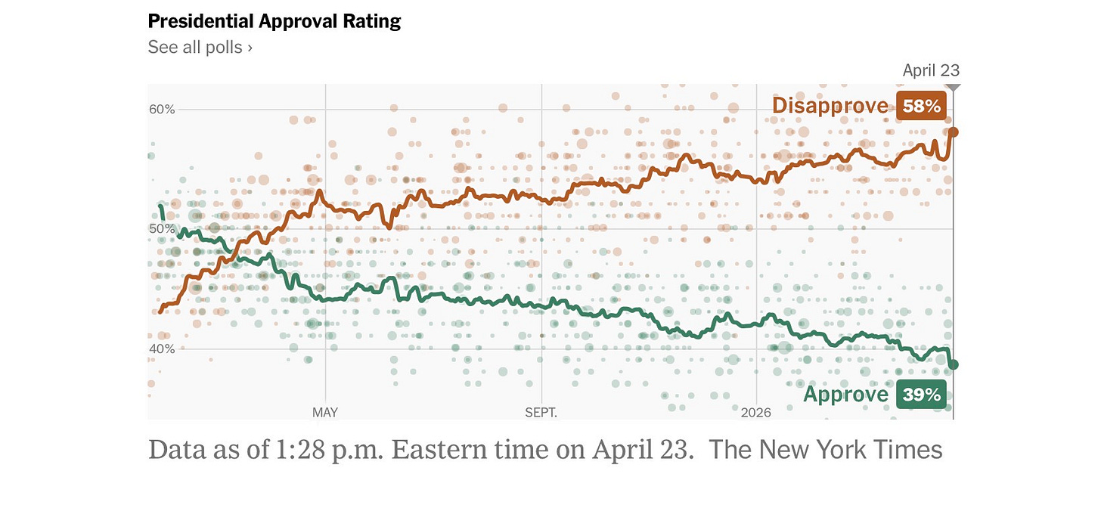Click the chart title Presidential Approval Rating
tap(274, 22)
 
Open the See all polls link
tap(200, 47)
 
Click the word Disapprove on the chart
tap(830, 106)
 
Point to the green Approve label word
tap(846, 395)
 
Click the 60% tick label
tap(162, 109)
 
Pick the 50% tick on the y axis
tap(162, 229)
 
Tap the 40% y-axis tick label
tap(162, 349)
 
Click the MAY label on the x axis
tap(325, 412)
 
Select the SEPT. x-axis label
tap(541, 412)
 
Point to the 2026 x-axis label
tap(756, 412)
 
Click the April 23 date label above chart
tap(931, 70)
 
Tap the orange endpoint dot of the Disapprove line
tap(953, 132)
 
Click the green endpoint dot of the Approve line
tap(953, 364)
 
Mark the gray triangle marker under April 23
tap(953, 87)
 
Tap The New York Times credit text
tap(826, 450)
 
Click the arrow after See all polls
tap(250, 48)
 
